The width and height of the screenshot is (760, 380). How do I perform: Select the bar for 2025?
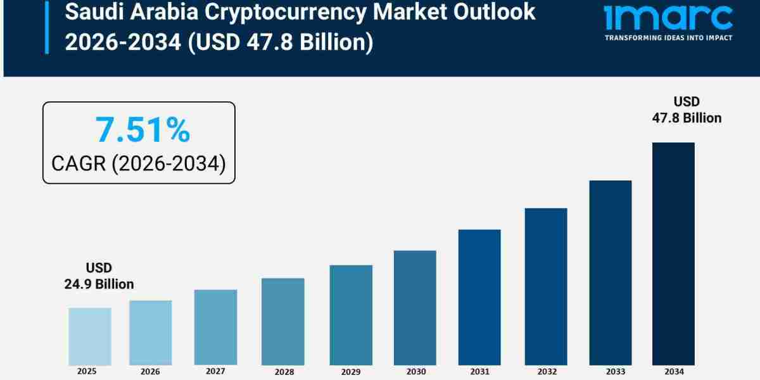90,336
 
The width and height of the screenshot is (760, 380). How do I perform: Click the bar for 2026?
151,332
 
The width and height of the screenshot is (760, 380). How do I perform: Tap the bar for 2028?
282,321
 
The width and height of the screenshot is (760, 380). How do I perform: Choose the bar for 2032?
546,286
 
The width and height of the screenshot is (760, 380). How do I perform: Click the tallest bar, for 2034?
673,253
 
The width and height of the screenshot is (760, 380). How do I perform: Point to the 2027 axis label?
215,371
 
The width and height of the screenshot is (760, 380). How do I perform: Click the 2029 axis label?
351,372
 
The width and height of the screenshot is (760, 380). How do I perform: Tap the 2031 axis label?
479,372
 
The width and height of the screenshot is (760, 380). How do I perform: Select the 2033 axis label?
611,372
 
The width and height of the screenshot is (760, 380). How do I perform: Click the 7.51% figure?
142,130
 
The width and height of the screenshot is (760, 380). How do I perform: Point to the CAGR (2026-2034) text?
139,163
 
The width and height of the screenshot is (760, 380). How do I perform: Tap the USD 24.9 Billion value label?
99,276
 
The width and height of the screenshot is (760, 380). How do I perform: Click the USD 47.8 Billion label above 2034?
687,110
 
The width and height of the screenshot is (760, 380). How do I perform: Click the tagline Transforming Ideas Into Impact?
668,38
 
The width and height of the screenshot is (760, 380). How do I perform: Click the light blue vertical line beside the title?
46,28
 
